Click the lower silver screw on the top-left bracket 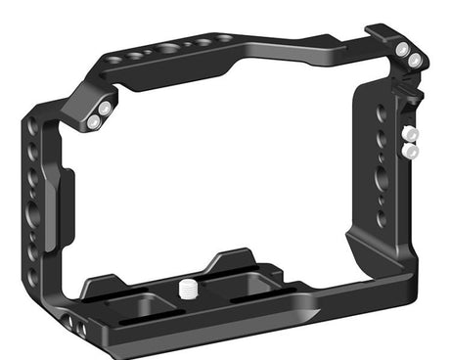93,123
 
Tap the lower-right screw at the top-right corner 416,61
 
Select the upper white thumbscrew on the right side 411,134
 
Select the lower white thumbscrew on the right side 412,152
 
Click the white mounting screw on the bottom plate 186,288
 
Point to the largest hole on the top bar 168,49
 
